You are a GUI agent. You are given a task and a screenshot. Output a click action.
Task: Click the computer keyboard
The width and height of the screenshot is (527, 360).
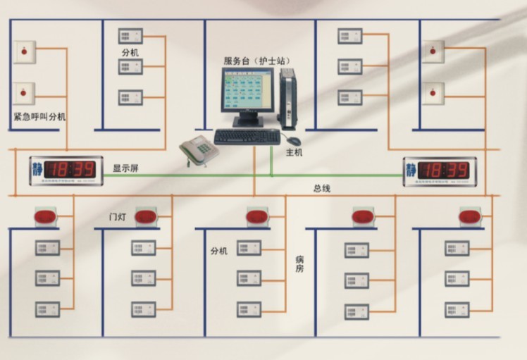point(247,137)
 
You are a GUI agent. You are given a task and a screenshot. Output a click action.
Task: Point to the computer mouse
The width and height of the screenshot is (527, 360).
point(293,141)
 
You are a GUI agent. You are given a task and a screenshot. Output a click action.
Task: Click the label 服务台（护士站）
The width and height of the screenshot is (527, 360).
point(257,61)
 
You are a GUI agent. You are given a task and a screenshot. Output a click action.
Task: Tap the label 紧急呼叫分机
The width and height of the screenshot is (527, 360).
point(39,116)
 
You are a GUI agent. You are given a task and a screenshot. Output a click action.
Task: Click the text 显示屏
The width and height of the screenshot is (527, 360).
point(126,168)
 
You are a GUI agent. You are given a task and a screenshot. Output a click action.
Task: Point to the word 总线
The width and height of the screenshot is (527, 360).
point(322,189)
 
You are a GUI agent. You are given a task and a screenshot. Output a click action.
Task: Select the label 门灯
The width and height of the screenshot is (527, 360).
point(116,214)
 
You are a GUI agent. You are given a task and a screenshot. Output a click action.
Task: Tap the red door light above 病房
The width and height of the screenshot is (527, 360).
point(256,216)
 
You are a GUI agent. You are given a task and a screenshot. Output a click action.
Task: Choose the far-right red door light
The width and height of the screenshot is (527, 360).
point(469,216)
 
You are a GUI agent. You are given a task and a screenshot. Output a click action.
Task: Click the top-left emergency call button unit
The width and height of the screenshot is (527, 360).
point(25,51)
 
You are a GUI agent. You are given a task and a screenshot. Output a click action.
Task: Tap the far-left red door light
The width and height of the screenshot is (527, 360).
point(46,216)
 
